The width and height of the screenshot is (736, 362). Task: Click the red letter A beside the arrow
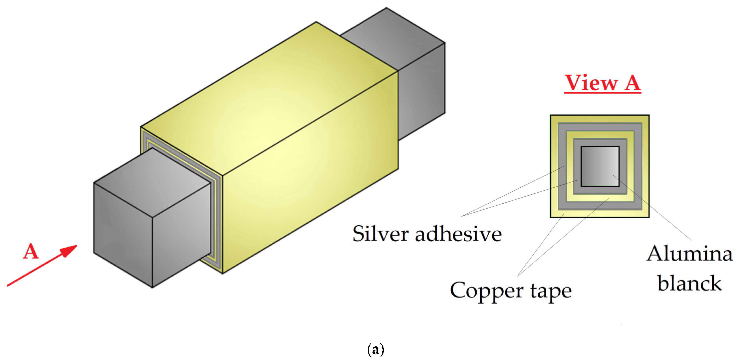click(x=31, y=252)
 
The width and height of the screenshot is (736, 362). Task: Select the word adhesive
click(x=458, y=234)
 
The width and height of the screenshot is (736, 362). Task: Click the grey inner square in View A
click(x=600, y=166)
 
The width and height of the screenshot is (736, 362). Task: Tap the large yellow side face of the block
click(x=312, y=172)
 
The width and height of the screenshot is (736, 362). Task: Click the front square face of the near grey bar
click(x=123, y=234)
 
